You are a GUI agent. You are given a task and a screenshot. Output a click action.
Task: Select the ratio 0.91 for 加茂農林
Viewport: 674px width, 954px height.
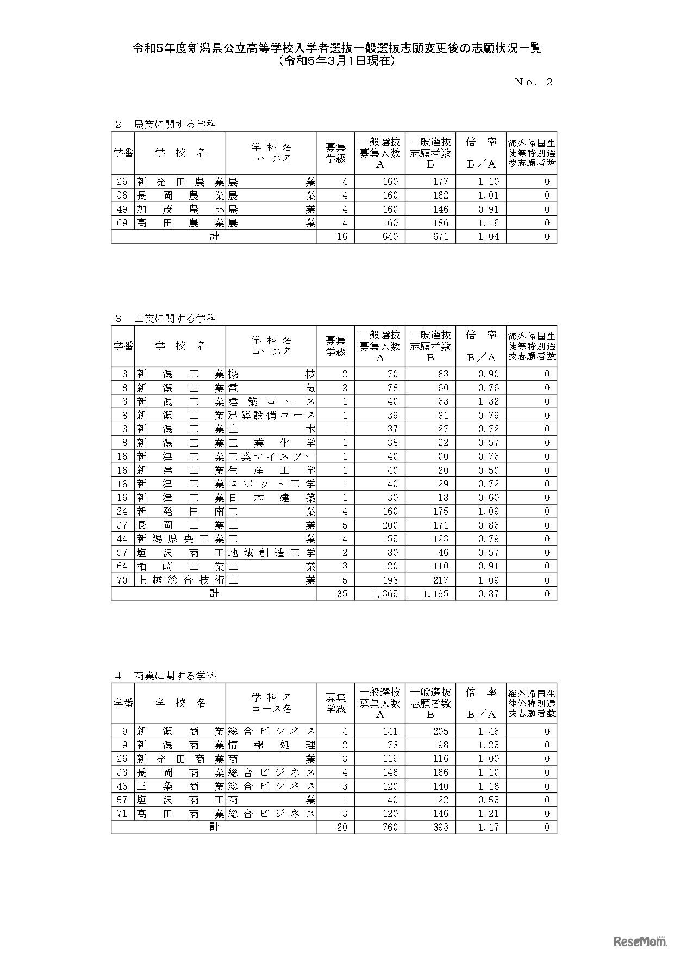click(488, 209)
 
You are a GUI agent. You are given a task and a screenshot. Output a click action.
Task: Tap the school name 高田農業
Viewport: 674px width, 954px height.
click(180, 223)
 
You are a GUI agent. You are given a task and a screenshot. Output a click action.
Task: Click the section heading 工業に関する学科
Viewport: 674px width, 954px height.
click(175, 318)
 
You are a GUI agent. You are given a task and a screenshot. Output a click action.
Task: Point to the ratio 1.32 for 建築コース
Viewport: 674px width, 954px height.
click(488, 401)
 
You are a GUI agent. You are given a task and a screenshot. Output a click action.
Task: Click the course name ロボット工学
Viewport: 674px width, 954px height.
click(271, 484)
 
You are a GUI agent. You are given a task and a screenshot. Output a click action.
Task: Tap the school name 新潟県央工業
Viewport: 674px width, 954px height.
click(180, 539)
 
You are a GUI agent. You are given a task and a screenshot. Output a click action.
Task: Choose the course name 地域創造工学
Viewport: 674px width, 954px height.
click(271, 553)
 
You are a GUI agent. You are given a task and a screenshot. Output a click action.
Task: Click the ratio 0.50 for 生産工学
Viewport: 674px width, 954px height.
click(488, 470)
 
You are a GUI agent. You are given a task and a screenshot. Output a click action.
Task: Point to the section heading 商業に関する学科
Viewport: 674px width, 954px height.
click(175, 676)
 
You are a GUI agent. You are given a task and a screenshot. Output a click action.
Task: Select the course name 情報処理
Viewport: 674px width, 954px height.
click(271, 745)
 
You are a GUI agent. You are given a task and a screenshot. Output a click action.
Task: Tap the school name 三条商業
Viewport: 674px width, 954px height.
click(180, 786)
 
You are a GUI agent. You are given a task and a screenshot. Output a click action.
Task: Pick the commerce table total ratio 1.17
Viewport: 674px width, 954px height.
click(488, 827)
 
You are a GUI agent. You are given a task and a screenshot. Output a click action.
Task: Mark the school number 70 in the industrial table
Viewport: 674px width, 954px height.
click(122, 580)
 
